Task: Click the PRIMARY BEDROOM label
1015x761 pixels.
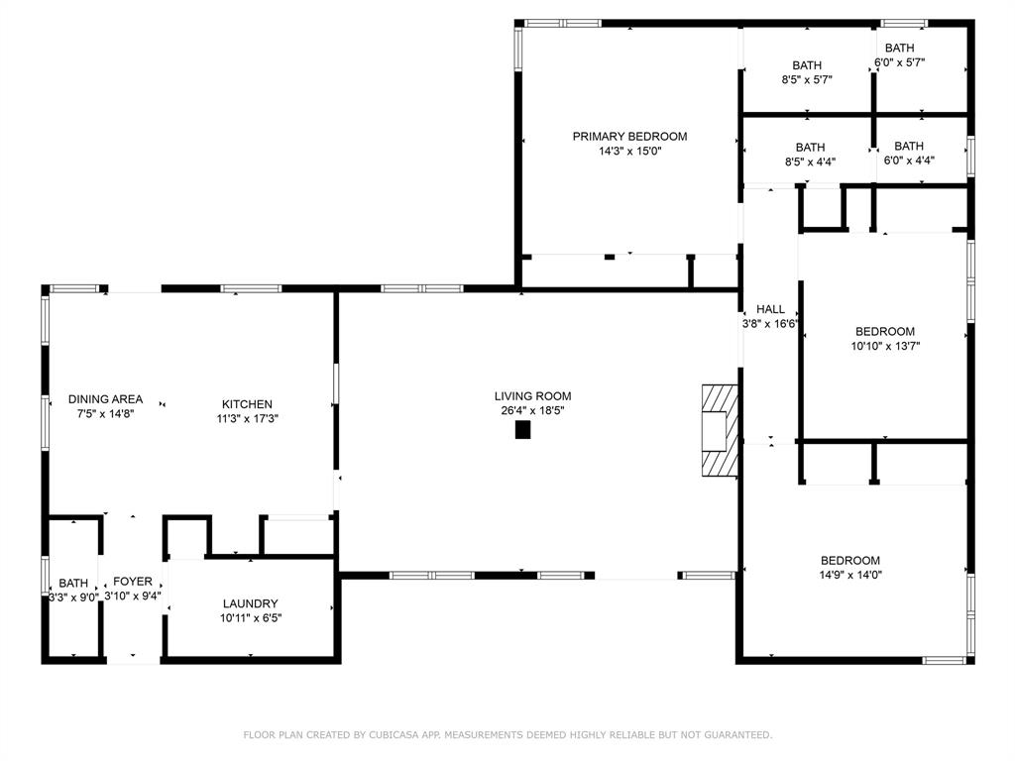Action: [629, 137]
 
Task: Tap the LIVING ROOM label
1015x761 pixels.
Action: [532, 396]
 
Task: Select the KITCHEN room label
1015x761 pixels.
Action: [247, 404]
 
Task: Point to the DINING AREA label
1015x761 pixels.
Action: [105, 399]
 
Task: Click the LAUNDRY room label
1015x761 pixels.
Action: [251, 603]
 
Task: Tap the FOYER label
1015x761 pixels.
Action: [133, 582]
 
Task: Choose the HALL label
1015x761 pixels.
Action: [770, 309]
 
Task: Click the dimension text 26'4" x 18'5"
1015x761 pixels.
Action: [532, 410]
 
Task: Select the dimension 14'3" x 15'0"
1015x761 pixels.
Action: [629, 152]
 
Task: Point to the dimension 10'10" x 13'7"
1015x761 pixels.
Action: [885, 346]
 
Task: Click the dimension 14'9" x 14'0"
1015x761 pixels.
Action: [849, 575]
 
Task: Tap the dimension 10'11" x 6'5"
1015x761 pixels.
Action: [251, 618]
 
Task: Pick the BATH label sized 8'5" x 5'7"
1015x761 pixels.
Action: [807, 65]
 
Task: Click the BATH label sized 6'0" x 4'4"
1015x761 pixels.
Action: [909, 147]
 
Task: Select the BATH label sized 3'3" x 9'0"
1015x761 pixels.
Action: [73, 583]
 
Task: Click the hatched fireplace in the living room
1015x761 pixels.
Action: [720, 430]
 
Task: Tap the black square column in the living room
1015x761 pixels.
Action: [523, 430]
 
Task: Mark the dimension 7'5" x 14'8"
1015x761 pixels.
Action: [105, 413]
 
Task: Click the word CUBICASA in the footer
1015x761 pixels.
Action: [394, 734]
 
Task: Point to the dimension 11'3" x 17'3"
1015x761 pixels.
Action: [247, 419]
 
